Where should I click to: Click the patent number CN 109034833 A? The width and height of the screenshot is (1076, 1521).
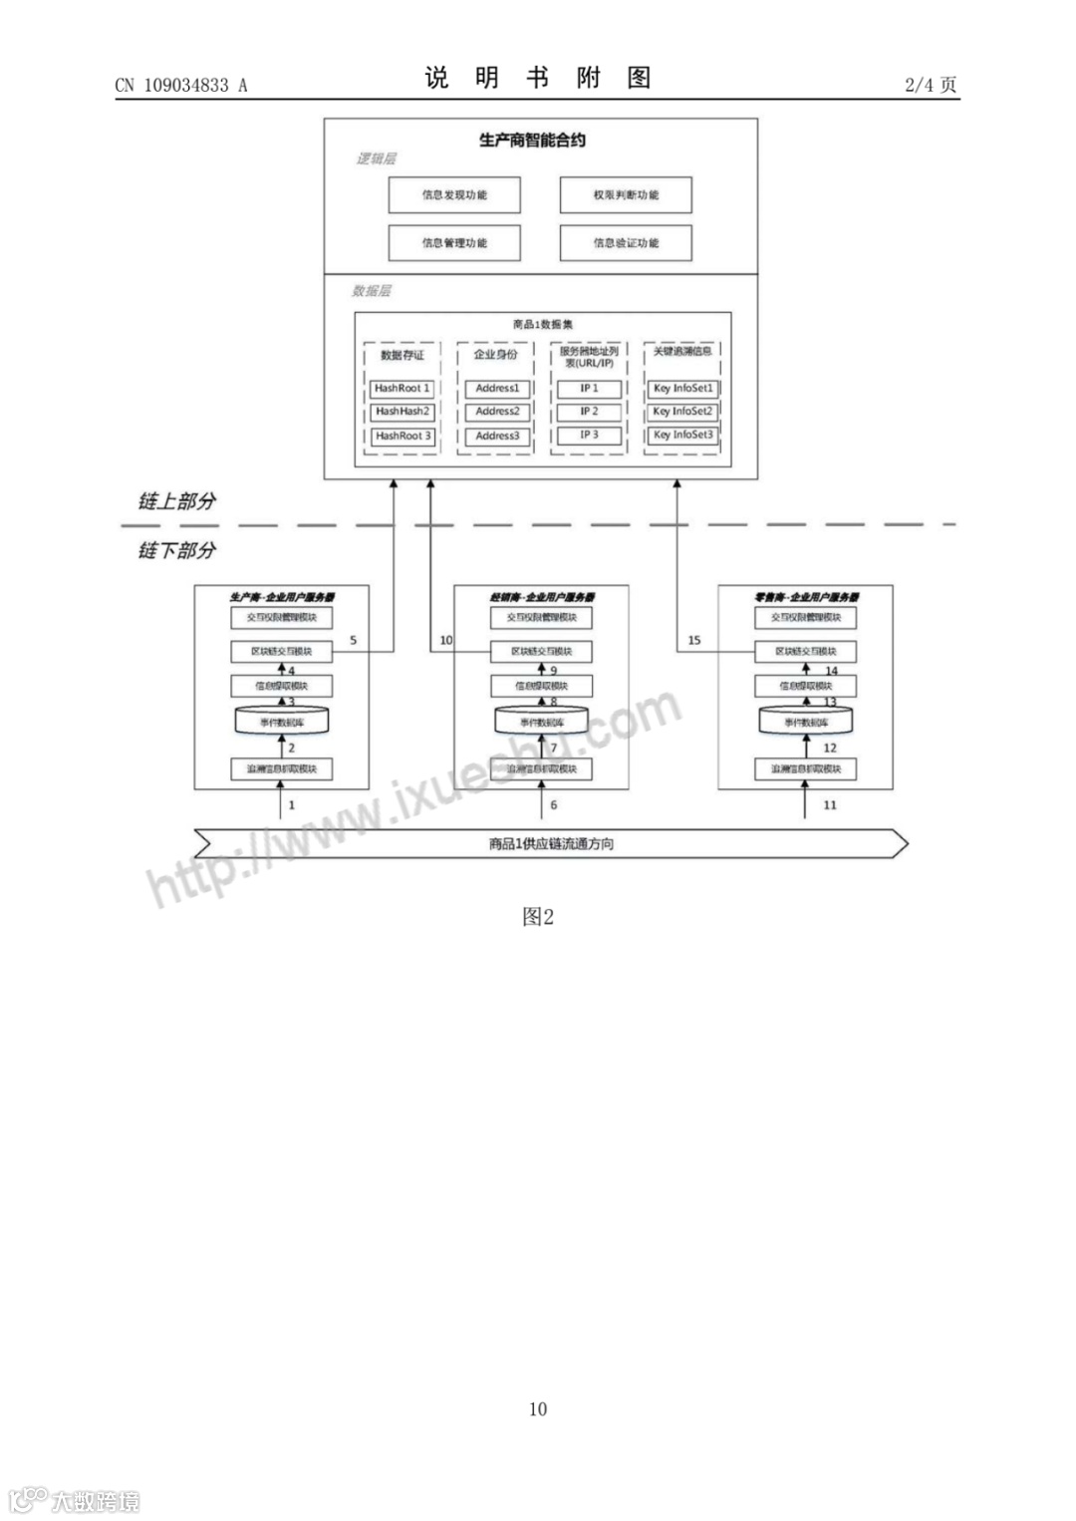(180, 85)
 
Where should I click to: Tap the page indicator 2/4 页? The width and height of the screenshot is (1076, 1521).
(931, 85)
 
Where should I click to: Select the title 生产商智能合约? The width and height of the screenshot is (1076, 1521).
(532, 141)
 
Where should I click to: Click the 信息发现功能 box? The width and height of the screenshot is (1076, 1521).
(454, 195)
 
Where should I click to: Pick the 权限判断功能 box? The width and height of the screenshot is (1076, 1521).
(626, 195)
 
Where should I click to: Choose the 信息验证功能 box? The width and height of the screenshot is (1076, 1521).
(626, 243)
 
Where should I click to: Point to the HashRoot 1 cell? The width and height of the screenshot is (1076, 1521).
(402, 389)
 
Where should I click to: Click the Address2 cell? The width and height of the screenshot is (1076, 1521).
(497, 412)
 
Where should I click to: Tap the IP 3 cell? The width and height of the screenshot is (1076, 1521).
(590, 436)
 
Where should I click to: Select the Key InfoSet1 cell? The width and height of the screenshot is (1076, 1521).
(683, 389)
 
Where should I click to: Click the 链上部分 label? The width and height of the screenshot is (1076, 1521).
(176, 501)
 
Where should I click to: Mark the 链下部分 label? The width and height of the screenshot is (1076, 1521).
(176, 550)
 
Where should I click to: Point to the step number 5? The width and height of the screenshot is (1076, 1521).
(354, 641)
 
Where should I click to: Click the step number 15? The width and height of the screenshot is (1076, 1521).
(694, 641)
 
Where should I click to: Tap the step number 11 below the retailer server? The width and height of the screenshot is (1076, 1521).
(830, 805)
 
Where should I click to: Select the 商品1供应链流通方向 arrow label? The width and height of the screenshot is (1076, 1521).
(551, 844)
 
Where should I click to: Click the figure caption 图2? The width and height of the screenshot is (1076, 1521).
(538, 917)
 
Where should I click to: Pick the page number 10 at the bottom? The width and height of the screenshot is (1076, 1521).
(538, 1409)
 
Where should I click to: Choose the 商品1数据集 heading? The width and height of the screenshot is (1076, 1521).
(543, 325)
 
